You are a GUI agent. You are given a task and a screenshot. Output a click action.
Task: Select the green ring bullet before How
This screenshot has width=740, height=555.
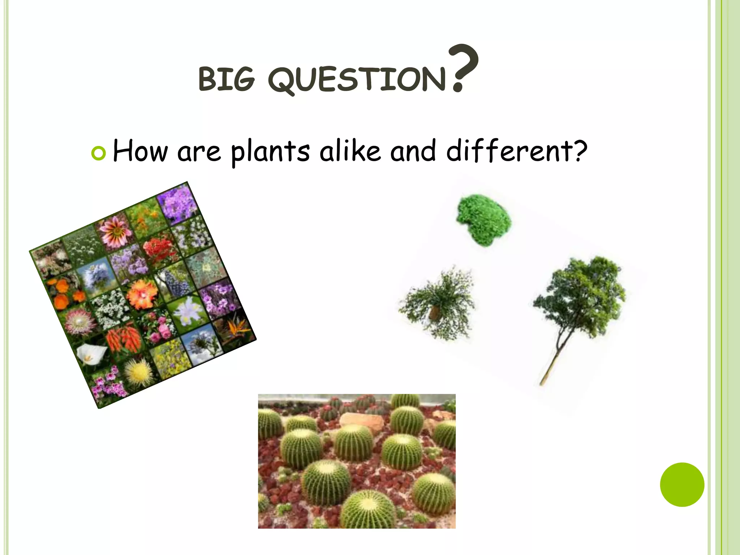[x=98, y=153]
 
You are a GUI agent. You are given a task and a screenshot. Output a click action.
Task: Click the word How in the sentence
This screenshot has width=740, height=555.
[x=140, y=151]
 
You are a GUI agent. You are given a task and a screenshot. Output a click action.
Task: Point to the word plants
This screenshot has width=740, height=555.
[x=270, y=152]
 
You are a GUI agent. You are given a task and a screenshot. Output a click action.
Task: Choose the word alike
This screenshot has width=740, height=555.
[x=350, y=151]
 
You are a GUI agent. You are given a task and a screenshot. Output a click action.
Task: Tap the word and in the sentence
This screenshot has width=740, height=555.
[x=413, y=151]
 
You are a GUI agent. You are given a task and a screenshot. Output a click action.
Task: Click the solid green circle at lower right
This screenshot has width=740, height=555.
[x=682, y=485]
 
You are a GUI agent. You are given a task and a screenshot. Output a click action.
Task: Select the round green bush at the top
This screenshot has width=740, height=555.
[x=483, y=220]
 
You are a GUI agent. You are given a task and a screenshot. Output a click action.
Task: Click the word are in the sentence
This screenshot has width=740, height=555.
[x=199, y=152]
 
